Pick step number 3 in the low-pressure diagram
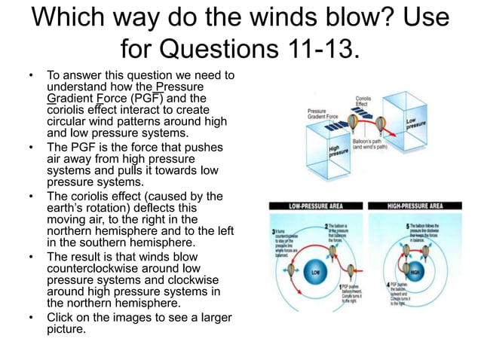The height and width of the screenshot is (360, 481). coord(274,231)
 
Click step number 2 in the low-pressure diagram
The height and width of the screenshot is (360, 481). coord(325,225)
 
